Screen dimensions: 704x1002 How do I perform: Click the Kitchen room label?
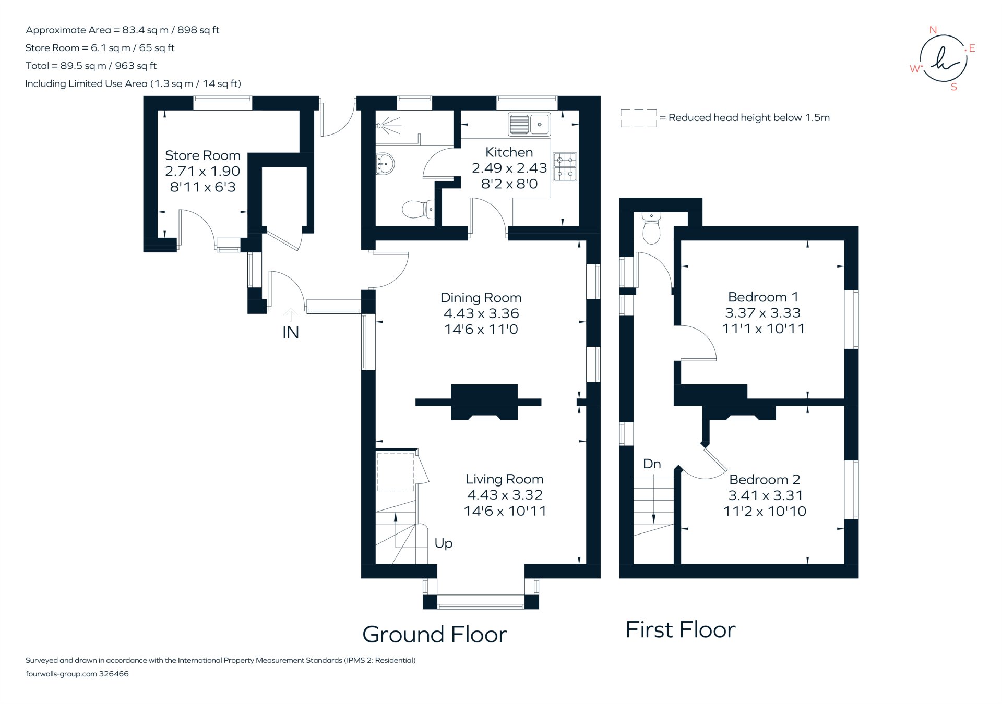(509, 152)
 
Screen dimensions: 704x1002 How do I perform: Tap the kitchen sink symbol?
(529, 124)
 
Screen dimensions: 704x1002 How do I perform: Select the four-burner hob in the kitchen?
(565, 167)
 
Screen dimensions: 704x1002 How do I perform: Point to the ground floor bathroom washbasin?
(384, 164)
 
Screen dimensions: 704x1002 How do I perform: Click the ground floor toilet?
(417, 210)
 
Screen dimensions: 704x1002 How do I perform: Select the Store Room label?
(202, 155)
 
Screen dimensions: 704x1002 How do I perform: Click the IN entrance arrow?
(291, 314)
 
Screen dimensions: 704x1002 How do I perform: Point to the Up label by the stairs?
(443, 543)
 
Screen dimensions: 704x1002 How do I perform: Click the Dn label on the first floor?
(652, 464)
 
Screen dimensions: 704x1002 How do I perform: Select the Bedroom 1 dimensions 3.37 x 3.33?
(762, 313)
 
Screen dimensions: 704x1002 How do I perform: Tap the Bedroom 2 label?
(765, 479)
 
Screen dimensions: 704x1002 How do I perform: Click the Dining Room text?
(481, 298)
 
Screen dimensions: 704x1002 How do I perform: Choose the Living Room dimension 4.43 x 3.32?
(505, 495)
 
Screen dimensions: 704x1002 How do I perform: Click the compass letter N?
(933, 30)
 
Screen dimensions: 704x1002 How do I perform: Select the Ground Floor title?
(434, 635)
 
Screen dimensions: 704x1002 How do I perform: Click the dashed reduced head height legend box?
(638, 118)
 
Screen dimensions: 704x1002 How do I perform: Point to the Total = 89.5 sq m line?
(91, 66)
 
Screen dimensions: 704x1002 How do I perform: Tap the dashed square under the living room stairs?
(396, 472)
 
